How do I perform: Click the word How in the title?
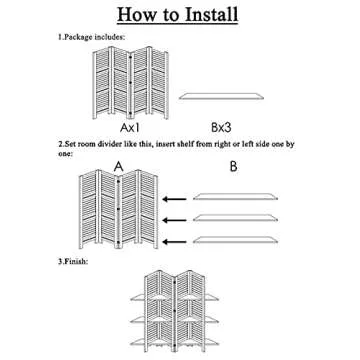click(134, 14)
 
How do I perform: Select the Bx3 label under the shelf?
click(222, 128)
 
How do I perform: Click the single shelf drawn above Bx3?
click(221, 96)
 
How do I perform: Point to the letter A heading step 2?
click(118, 166)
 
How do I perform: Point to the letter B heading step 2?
click(234, 166)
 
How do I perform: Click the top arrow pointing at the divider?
click(175, 199)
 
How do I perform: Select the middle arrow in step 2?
click(175, 220)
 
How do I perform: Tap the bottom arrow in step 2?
click(175, 241)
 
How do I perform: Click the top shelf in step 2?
click(235, 197)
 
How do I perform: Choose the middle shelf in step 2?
click(235, 218)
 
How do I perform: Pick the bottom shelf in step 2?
click(235, 239)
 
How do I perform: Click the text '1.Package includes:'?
click(92, 37)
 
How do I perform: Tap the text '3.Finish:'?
click(73, 261)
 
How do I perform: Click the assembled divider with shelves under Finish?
click(175, 311)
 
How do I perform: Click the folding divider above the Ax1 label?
click(131, 82)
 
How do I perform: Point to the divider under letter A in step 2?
click(118, 209)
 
